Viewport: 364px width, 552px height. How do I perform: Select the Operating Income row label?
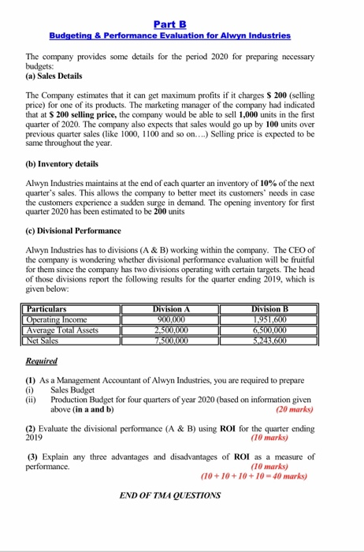point(58,320)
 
